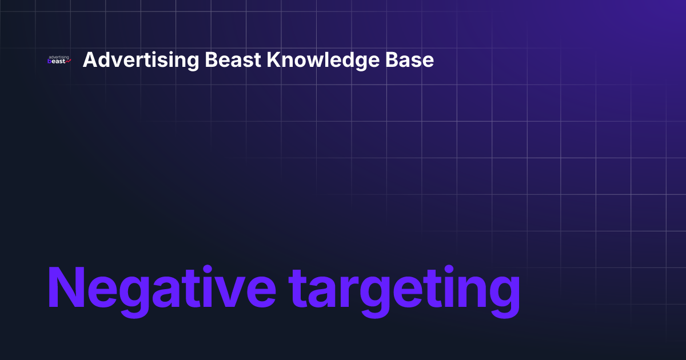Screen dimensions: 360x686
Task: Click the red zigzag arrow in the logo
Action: click(x=68, y=62)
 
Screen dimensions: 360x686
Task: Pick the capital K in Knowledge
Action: click(x=273, y=60)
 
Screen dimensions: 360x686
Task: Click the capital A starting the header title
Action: click(x=89, y=60)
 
